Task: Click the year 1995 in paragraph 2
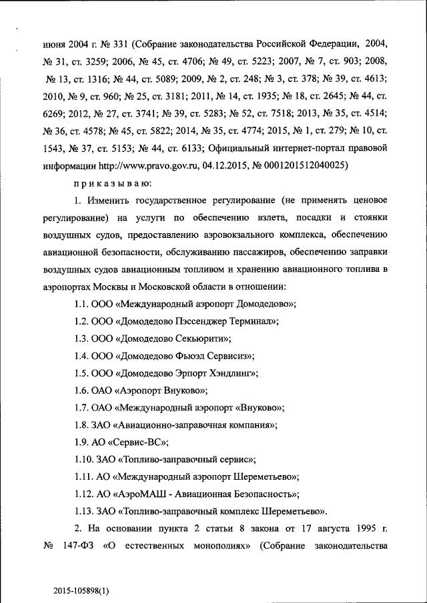tap(364, 529)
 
